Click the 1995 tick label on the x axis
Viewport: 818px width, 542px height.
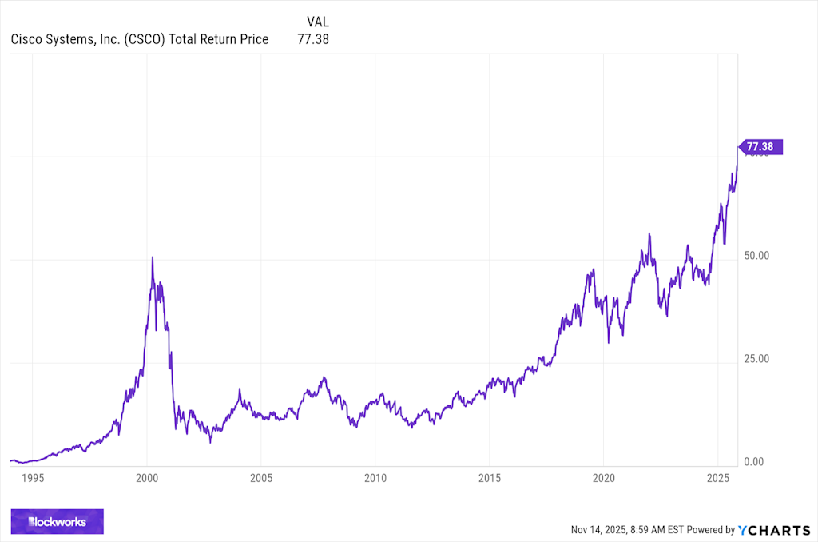32,478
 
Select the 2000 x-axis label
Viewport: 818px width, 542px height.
147,478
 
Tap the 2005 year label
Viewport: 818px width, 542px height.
261,478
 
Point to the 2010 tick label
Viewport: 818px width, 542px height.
375,478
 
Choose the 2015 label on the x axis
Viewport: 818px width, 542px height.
490,478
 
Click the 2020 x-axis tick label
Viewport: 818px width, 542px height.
604,478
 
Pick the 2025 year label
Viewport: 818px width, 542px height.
718,478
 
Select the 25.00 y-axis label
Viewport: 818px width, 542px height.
756,359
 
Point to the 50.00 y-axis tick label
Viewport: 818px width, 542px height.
756,256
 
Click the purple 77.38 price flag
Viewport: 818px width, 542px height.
761,147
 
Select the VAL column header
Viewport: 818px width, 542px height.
317,22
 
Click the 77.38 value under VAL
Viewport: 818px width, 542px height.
313,38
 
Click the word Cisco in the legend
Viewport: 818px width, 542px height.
28,38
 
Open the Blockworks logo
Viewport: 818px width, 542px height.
57,522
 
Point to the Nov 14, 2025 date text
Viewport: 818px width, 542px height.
600,529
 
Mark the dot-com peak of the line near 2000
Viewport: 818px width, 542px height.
153,257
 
